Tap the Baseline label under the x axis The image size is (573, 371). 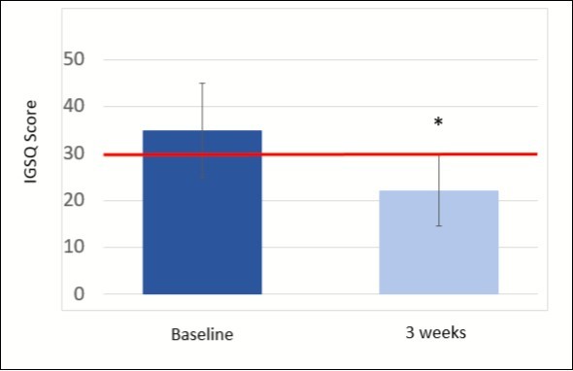pos(202,334)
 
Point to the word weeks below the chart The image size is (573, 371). pos(444,332)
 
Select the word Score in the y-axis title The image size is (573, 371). pos(32,124)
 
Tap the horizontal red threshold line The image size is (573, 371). pos(320,153)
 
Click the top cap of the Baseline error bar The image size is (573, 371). pos(202,84)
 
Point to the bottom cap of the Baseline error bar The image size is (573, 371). pos(202,177)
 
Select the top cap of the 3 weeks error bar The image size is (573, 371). pos(438,154)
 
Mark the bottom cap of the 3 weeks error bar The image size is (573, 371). pos(438,225)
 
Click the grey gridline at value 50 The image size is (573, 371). pos(320,59)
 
